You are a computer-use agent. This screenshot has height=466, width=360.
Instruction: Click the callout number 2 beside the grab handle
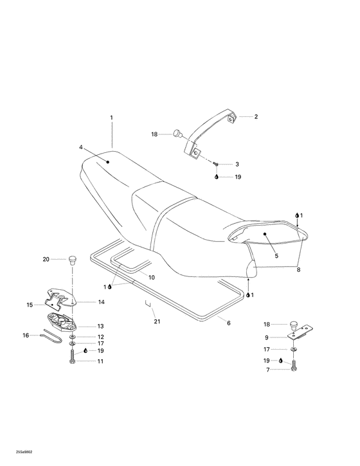pyautogui.click(x=256, y=117)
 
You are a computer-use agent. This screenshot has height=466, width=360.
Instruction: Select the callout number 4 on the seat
pyautogui.click(x=81, y=147)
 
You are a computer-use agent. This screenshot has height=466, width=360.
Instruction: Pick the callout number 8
pyautogui.click(x=298, y=270)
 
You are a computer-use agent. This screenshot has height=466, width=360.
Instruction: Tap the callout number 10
pyautogui.click(x=152, y=278)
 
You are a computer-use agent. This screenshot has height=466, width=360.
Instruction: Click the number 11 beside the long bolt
pyautogui.click(x=100, y=361)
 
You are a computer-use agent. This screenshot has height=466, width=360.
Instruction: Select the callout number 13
pyautogui.click(x=100, y=326)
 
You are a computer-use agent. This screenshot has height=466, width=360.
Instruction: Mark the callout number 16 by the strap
pyautogui.click(x=26, y=335)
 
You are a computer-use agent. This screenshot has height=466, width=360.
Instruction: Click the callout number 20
pyautogui.click(x=46, y=260)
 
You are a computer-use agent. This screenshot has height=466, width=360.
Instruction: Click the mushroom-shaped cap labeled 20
pyautogui.click(x=72, y=260)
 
